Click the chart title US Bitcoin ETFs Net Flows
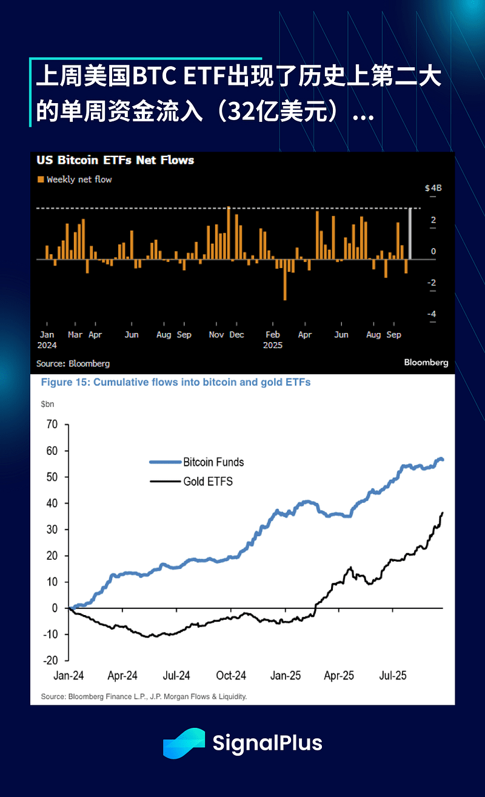[x=115, y=160]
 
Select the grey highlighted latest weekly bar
[x=410, y=234]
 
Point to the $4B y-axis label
[x=433, y=188]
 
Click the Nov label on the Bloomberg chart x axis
[x=216, y=335]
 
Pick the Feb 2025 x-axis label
[x=273, y=340]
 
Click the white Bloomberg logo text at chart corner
[x=426, y=362]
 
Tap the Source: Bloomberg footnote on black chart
[x=73, y=363]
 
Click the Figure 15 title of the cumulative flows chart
[x=175, y=383]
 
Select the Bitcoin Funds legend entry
[x=213, y=462]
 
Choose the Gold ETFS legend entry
[x=208, y=482]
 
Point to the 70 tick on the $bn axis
[x=52, y=425]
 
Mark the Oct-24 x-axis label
[x=231, y=675]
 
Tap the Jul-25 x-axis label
[x=393, y=675]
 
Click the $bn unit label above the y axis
[x=47, y=403]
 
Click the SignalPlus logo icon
[x=184, y=743]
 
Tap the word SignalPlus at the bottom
[x=267, y=743]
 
